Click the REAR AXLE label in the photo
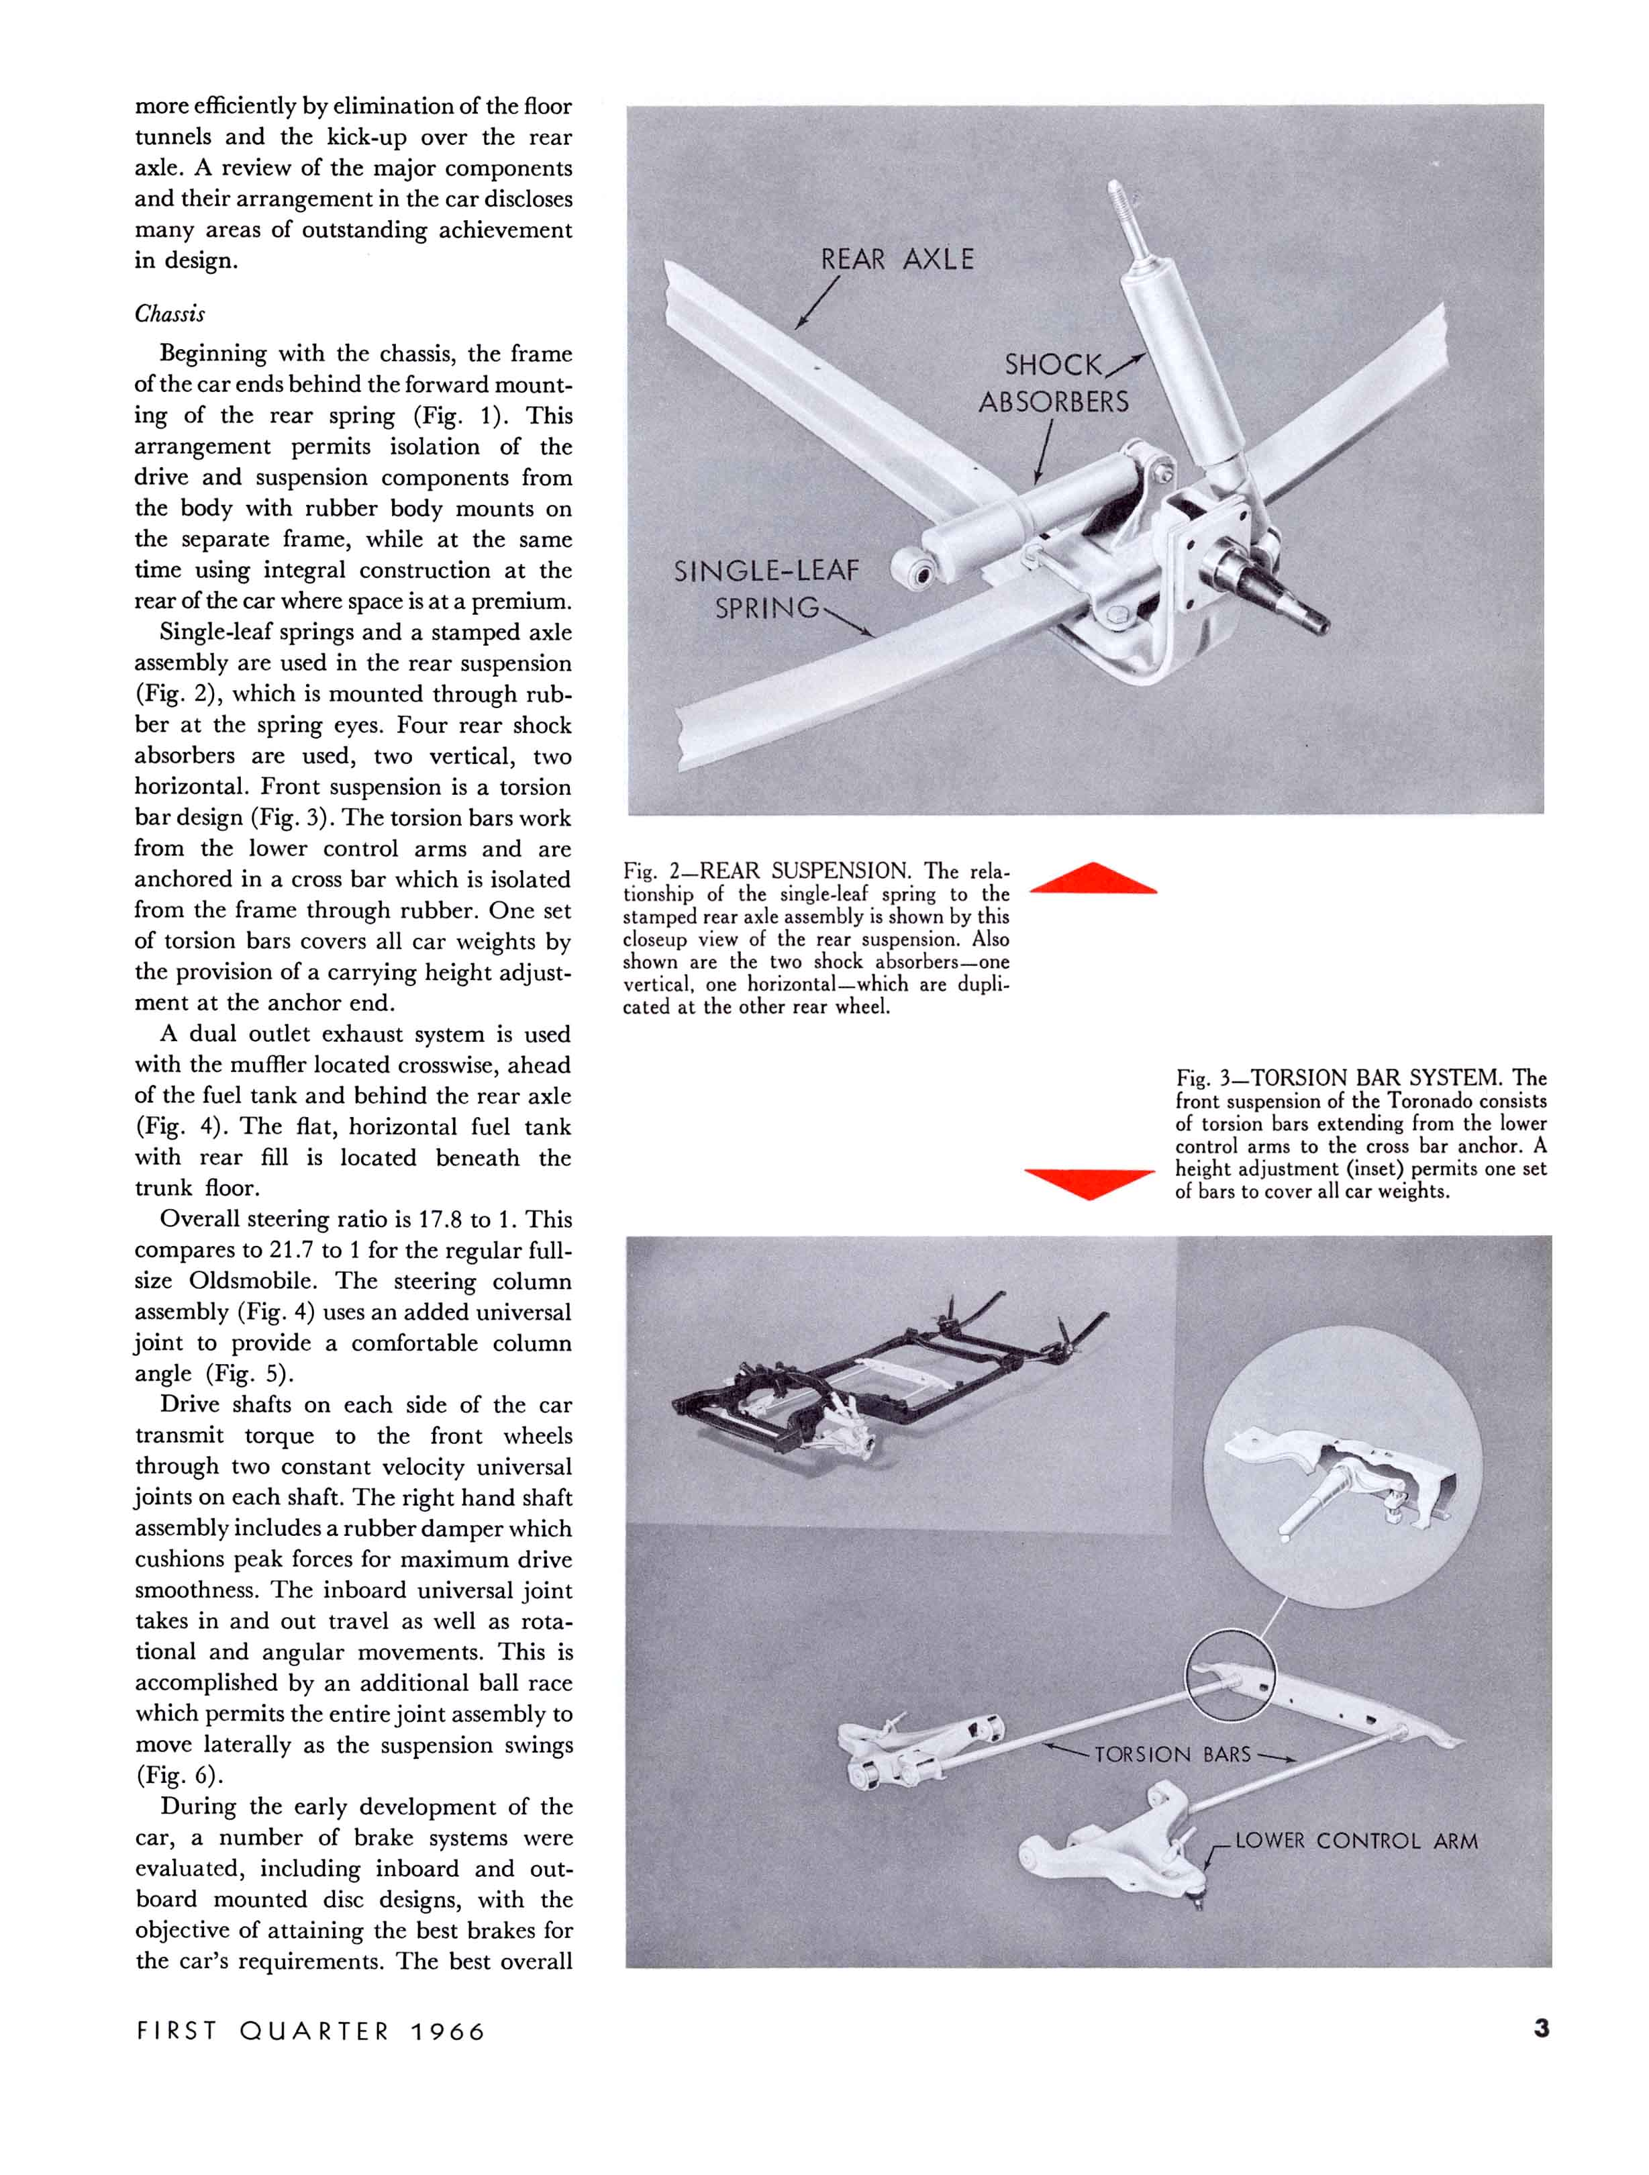click(897, 260)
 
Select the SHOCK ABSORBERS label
click(1053, 383)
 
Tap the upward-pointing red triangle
click(1093, 879)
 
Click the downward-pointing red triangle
click(1089, 1183)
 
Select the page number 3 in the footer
click(1541, 2029)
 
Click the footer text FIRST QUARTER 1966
click(311, 2031)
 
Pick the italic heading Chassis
click(170, 313)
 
